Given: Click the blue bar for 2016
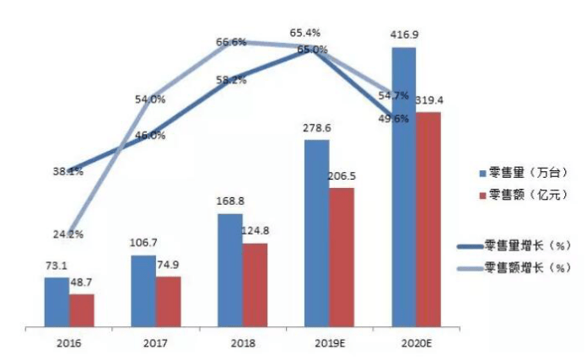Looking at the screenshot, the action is click(x=57, y=302).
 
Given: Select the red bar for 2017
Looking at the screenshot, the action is click(x=169, y=302).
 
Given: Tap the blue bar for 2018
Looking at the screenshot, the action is click(x=230, y=270).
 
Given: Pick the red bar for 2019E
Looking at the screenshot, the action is click(x=342, y=257).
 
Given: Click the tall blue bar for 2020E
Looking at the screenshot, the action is click(x=404, y=187).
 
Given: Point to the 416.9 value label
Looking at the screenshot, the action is click(x=404, y=35).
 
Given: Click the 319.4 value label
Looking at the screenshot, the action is click(x=429, y=100).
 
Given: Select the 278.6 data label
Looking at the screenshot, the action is click(x=317, y=128).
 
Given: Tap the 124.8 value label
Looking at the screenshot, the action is click(x=255, y=230).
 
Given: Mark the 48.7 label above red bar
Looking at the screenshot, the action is click(x=81, y=282).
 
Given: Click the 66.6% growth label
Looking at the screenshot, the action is click(x=231, y=42).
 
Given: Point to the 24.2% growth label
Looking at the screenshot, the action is click(x=68, y=234).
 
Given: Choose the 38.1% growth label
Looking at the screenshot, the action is click(x=68, y=172).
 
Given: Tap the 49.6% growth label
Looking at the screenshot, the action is click(x=393, y=119).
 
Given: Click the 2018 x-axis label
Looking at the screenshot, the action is click(x=243, y=343).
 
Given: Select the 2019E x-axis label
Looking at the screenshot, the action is click(x=330, y=343).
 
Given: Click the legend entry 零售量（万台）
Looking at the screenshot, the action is click(x=524, y=173).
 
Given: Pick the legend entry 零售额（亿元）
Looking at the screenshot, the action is click(x=524, y=195).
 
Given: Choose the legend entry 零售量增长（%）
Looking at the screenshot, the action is click(x=514, y=246).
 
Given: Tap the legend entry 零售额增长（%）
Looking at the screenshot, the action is click(x=514, y=267).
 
